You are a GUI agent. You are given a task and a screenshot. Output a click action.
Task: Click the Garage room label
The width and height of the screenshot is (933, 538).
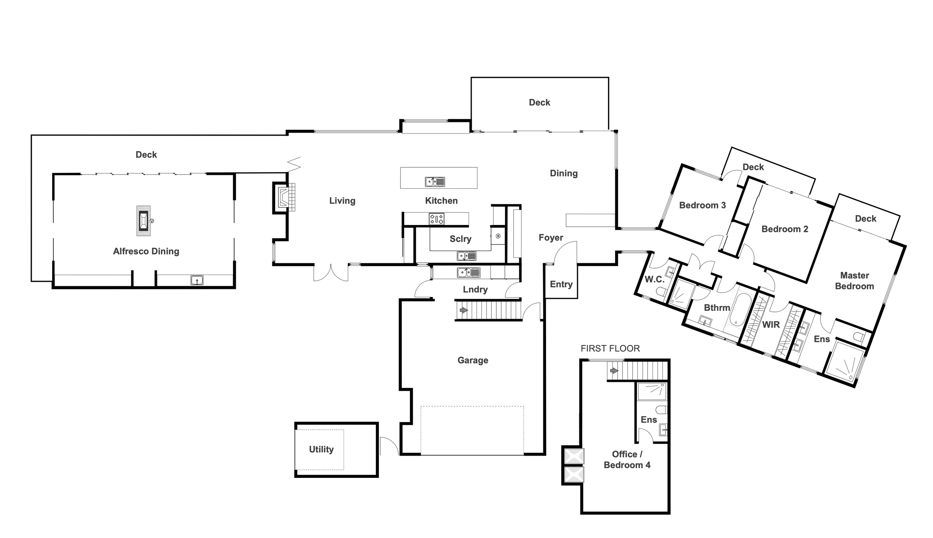click(472, 360)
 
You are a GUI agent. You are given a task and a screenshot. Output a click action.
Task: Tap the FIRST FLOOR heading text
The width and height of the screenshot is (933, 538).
click(610, 349)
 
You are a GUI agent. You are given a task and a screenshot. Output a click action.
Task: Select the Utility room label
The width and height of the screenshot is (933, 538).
click(321, 449)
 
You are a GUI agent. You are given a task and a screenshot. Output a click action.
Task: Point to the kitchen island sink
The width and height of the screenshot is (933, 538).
click(435, 182)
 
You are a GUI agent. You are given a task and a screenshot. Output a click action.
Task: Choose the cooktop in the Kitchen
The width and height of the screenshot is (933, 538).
click(436, 219)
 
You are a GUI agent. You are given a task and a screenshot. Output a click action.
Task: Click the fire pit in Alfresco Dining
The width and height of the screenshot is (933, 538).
click(143, 221)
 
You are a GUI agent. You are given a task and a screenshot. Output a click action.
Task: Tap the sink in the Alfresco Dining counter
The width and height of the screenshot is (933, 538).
click(197, 280)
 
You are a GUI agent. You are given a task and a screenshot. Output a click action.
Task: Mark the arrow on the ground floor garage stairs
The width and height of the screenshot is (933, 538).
click(464, 310)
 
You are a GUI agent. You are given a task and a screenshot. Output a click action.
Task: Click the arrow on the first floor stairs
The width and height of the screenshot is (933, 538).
click(614, 371)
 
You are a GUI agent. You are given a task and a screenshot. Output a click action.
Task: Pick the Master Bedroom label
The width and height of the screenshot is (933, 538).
click(854, 281)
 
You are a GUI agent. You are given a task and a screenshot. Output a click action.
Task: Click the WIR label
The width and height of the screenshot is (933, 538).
click(771, 325)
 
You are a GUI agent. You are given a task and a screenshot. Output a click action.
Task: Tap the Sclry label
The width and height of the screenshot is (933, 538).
click(460, 239)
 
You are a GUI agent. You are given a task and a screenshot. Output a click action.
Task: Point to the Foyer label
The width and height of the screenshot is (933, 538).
click(551, 238)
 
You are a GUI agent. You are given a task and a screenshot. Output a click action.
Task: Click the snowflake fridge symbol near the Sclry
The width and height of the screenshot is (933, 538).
click(498, 236)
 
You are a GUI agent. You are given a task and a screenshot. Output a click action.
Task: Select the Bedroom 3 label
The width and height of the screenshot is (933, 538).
click(702, 205)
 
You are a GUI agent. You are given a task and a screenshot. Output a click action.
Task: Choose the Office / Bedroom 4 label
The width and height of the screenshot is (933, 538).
click(627, 460)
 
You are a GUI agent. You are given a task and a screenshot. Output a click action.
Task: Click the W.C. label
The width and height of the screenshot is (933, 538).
click(654, 279)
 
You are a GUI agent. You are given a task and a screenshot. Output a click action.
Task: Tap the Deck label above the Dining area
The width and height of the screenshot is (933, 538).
click(539, 102)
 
